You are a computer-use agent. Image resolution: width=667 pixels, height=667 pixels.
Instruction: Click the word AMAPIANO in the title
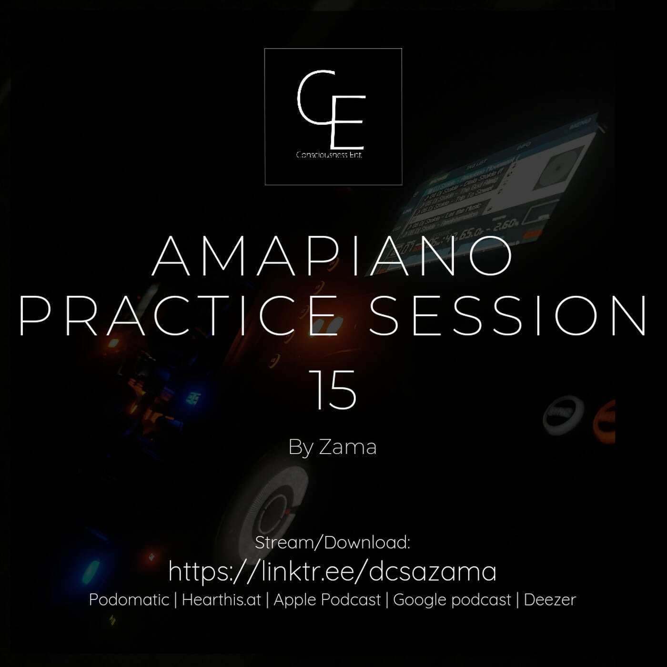pos(333,256)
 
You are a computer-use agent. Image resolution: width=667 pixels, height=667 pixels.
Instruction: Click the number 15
pos(335,390)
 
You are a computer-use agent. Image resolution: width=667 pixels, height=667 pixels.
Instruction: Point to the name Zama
pos(347,447)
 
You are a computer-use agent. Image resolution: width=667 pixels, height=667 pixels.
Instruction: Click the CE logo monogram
pos(332,110)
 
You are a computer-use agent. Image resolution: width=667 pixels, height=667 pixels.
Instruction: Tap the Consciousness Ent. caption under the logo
pos(329,155)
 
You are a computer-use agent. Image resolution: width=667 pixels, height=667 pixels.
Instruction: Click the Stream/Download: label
pos(333,543)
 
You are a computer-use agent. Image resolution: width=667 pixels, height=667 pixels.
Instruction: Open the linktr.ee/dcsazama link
pos(333,571)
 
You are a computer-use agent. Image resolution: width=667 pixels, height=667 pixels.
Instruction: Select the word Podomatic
pos(129,600)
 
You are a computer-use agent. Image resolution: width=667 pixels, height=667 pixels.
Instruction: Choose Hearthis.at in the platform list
pos(222,600)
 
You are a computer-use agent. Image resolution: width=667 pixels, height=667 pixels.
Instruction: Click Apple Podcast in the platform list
pos(327,600)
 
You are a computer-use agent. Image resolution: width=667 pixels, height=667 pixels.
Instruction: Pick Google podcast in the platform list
pos(452,600)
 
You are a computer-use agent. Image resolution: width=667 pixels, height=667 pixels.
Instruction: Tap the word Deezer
pos(550,600)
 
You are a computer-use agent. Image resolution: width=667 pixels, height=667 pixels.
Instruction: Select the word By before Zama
pos(301,447)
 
